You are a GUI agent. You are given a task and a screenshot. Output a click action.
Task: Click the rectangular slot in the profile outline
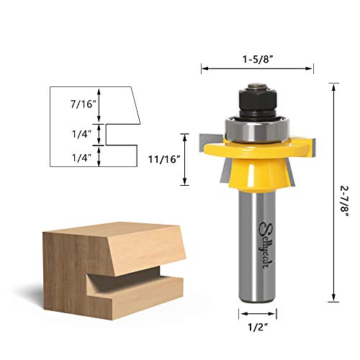coord(120,132)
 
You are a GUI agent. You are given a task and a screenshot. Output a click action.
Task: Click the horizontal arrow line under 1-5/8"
coord(257,69)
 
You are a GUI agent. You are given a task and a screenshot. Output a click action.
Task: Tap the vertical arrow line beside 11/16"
coord(186,158)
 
